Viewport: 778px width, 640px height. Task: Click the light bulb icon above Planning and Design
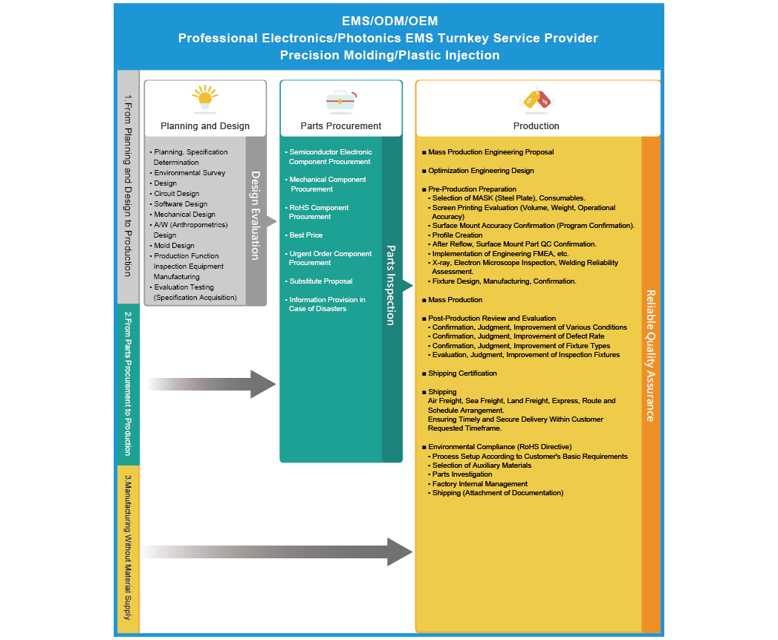[205, 99]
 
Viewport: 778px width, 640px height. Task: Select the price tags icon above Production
[537, 99]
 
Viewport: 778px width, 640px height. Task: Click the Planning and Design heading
[205, 126]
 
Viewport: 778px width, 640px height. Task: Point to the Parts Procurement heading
[341, 126]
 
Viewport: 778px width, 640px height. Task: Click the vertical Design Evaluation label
[256, 215]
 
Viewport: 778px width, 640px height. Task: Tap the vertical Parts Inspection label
[391, 286]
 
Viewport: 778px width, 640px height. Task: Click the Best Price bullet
[306, 235]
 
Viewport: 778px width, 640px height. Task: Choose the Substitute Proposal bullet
[321, 281]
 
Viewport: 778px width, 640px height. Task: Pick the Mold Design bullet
[174, 246]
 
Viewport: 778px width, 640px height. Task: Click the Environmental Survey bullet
[189, 173]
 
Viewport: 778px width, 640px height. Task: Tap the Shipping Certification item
[462, 373]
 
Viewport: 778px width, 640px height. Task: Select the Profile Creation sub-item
[457, 235]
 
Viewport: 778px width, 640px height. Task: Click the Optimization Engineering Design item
[481, 171]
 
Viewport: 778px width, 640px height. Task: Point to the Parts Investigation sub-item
[462, 474]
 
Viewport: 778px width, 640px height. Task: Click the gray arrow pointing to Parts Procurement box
[215, 384]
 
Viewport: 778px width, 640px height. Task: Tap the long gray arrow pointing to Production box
[282, 552]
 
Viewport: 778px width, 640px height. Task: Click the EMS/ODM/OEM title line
[389, 21]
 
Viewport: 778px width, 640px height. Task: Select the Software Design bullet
[181, 204]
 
